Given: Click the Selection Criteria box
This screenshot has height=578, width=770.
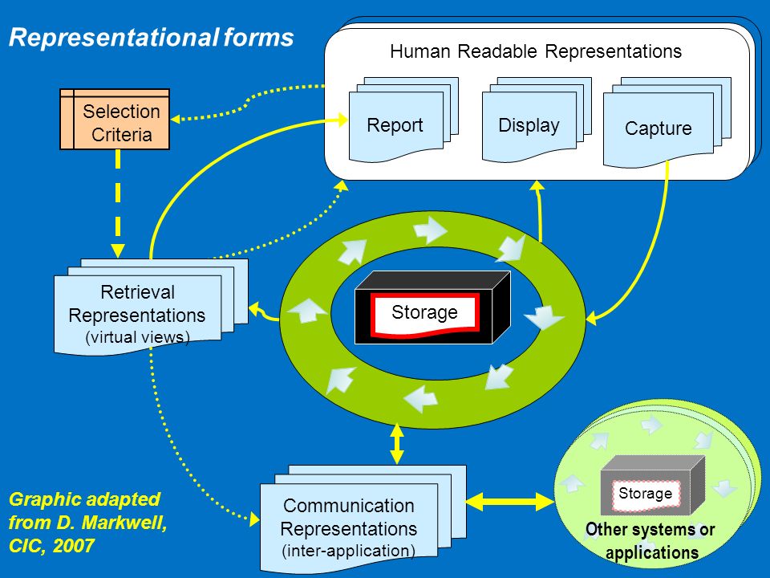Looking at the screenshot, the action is (115, 119).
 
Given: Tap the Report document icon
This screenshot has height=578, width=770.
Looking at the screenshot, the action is (403, 120).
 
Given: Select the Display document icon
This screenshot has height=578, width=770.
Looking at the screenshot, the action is (537, 120).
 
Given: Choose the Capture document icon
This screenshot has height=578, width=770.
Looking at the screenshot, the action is (667, 122).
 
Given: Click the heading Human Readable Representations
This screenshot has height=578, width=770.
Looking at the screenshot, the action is (536, 51).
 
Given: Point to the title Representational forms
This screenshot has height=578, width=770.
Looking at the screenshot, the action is (152, 38).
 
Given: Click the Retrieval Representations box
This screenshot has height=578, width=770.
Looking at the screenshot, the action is (151, 307).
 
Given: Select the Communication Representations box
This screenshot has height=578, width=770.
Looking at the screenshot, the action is (363, 519).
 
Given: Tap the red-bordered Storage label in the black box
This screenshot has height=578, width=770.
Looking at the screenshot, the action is (425, 314).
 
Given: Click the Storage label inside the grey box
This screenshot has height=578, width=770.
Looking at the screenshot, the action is (645, 494).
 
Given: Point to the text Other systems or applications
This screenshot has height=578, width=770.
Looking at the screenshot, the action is (650, 540).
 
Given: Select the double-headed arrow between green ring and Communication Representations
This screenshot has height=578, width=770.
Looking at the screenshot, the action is (397, 444).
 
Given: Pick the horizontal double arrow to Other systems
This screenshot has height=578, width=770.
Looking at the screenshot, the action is (510, 502).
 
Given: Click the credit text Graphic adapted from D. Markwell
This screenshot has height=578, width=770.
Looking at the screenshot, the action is (88, 523).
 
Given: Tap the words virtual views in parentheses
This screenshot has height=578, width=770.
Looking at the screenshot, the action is (137, 337).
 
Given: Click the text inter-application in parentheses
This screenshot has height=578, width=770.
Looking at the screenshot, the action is (349, 551).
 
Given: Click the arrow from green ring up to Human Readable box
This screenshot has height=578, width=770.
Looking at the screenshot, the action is (539, 210).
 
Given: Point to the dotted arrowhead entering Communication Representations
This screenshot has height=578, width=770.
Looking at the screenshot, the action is (254, 519).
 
